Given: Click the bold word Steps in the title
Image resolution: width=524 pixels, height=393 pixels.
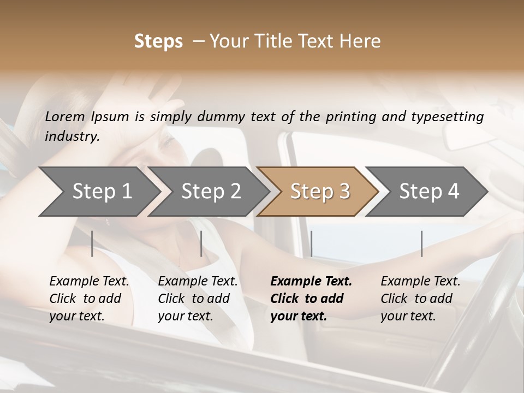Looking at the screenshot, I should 158,41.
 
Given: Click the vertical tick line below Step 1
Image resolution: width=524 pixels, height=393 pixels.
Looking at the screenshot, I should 92,243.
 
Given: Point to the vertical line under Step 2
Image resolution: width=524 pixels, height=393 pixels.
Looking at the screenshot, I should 201,243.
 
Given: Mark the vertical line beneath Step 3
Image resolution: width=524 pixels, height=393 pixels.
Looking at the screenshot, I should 311,243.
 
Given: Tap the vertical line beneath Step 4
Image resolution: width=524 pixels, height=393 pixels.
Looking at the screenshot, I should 421,243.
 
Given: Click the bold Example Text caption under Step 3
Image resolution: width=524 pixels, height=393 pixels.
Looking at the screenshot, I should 311,299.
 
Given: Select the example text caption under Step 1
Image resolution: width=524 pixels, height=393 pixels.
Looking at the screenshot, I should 89,299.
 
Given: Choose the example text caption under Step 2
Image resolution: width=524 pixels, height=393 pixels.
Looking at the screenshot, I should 198,299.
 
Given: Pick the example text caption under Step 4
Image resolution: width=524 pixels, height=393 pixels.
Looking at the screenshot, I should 420,299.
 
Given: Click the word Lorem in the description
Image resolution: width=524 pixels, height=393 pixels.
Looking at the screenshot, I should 65,116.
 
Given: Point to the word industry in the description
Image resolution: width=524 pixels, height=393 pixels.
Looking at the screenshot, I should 72,136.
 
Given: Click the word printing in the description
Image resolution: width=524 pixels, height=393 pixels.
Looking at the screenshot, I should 349,117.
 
